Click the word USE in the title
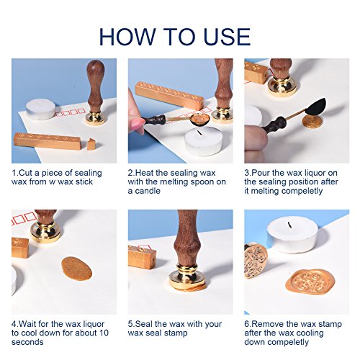point(227,37)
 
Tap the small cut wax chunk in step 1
point(91,144)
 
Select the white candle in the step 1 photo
point(40,109)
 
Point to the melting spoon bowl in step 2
point(201,120)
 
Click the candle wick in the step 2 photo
point(199,132)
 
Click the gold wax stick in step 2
point(169,96)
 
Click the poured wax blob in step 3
point(311,122)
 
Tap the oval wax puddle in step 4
point(76,269)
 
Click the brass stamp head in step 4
point(45,232)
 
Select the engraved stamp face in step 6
point(256,261)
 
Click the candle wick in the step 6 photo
point(289,225)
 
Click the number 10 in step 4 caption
point(103,333)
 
